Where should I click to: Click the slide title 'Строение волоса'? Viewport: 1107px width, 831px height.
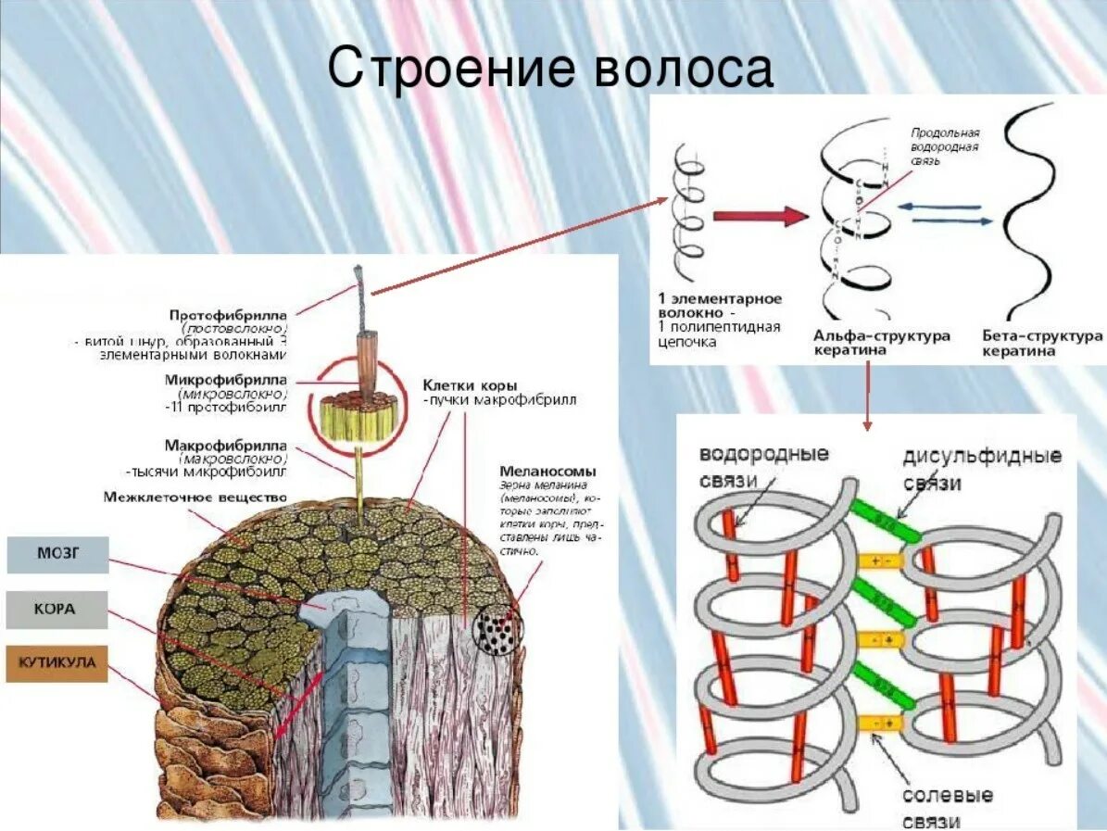550,69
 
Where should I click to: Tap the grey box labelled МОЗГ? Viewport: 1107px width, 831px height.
57,554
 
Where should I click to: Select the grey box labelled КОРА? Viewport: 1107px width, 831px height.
57,610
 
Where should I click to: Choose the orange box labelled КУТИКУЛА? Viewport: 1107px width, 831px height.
57,663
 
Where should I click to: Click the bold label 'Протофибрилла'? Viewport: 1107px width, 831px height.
228,314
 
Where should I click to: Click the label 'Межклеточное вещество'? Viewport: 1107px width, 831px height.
196,498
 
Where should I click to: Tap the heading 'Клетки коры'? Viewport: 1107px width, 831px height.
470,384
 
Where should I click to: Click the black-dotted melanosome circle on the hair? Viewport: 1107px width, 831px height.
497,633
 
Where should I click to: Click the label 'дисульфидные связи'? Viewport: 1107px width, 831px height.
981,470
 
